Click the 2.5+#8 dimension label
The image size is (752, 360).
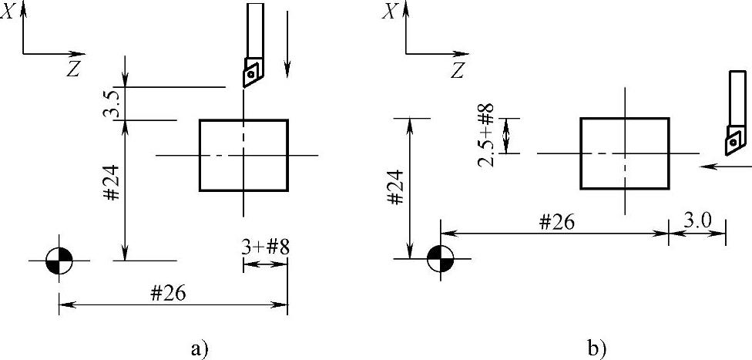pos(486,135)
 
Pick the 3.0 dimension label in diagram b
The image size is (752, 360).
pos(697,221)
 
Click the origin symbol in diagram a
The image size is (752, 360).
pos(59,261)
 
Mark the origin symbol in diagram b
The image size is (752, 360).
pos(441,257)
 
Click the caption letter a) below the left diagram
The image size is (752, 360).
pos(200,348)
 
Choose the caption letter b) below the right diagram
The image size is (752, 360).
pos(596,348)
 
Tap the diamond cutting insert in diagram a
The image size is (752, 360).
pos(251,73)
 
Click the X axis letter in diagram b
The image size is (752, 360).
pos(391,12)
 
